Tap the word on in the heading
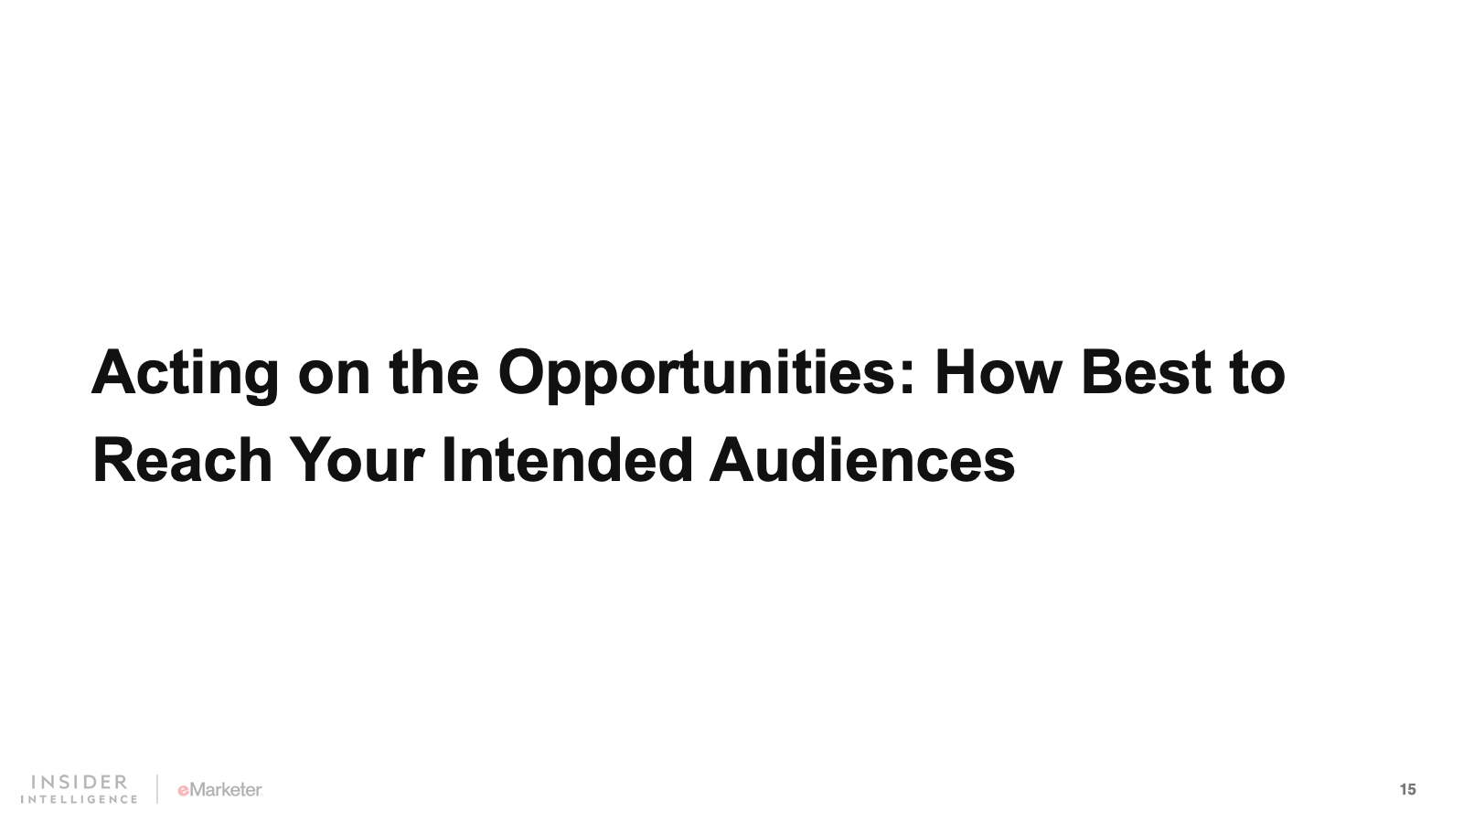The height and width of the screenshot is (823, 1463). click(334, 379)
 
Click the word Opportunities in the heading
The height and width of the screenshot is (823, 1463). click(696, 376)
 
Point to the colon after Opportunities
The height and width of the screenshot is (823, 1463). click(905, 379)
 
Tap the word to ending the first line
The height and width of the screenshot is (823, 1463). click(1257, 374)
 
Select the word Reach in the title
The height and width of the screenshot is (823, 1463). click(182, 460)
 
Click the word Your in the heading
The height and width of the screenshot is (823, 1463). click(357, 460)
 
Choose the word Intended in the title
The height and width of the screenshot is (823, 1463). click(567, 460)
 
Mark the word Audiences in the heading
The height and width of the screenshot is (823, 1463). click(862, 460)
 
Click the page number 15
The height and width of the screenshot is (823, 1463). click(1407, 790)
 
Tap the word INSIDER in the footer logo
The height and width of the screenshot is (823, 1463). click(80, 782)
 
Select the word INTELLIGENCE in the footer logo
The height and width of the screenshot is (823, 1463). click(79, 799)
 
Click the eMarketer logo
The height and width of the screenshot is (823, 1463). click(220, 790)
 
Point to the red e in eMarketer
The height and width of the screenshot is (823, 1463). click(183, 791)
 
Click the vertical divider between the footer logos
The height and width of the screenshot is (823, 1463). click(156, 789)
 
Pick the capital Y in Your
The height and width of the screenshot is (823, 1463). click(311, 460)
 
